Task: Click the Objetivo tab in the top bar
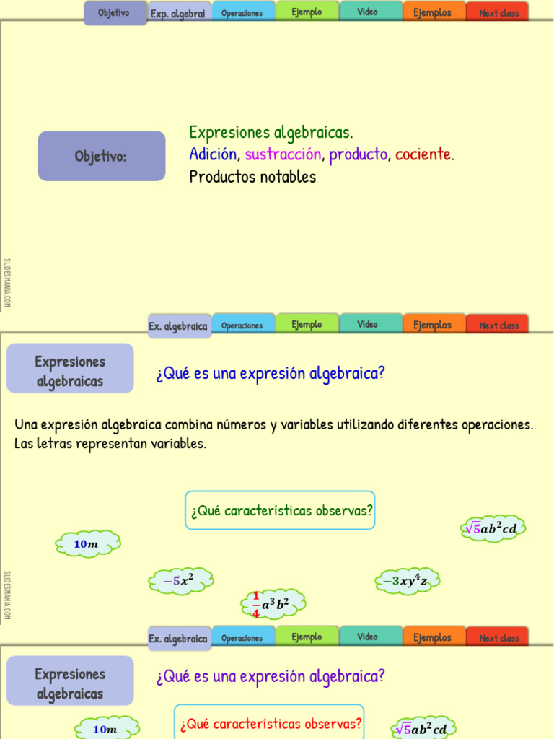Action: [x=115, y=13]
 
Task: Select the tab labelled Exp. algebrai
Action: [x=178, y=13]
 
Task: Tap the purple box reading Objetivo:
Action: [x=102, y=156]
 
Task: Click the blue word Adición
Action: [x=213, y=154]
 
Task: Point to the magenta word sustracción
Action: [x=283, y=154]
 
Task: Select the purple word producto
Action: [x=359, y=154]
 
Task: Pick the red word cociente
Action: [x=423, y=154]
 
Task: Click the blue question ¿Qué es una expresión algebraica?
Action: [x=271, y=374]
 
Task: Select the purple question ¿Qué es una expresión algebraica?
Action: [x=271, y=677]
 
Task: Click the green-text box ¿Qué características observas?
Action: [x=281, y=510]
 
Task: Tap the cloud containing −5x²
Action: [x=181, y=581]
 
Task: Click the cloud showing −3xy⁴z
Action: [x=408, y=581]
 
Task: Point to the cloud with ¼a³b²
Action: [x=273, y=604]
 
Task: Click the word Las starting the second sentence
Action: [x=24, y=444]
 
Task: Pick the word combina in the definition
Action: [x=188, y=424]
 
